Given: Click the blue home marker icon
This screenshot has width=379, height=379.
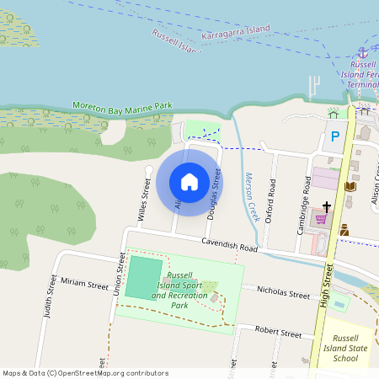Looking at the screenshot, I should (189, 181).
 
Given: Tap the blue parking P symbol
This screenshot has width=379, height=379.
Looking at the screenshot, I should (334, 136).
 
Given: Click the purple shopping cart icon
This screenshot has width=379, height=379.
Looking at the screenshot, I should (321, 219).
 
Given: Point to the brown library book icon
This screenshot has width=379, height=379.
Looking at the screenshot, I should (350, 185).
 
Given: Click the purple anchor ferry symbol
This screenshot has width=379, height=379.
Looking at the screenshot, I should (364, 52).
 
